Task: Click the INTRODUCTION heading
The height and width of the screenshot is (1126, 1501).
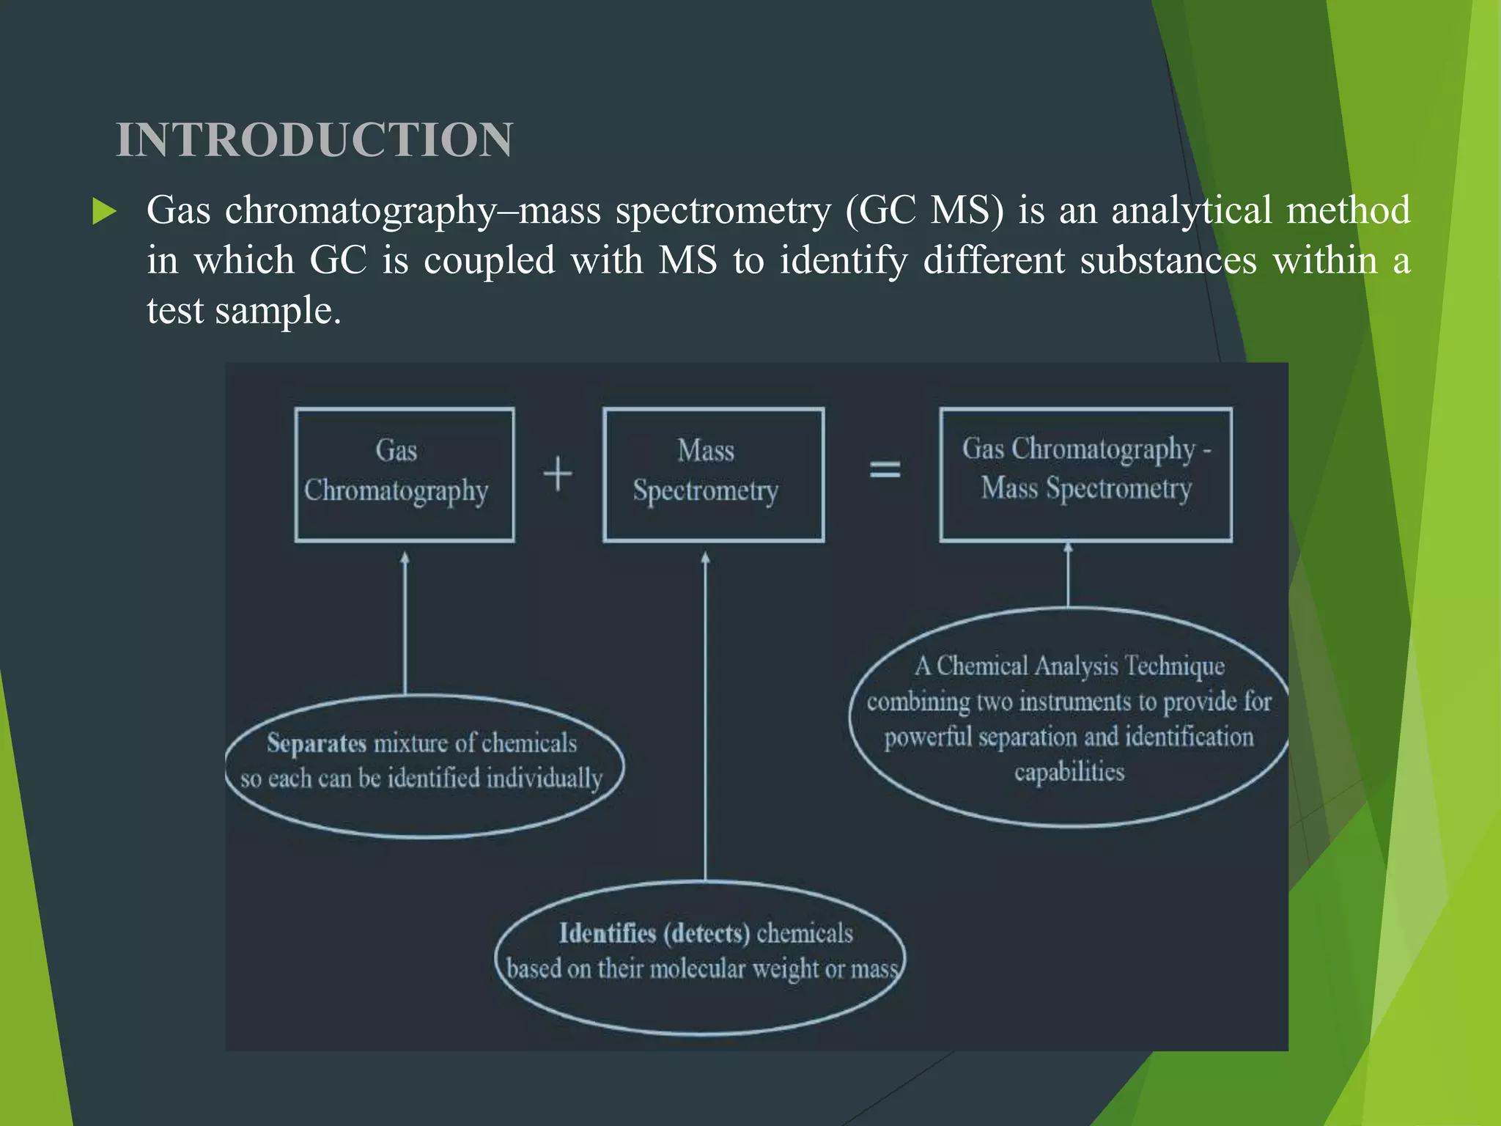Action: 314,139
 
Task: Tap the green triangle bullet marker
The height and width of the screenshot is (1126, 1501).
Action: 104,212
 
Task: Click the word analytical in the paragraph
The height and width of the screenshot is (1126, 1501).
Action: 1191,210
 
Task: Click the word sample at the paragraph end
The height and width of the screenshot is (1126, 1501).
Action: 278,311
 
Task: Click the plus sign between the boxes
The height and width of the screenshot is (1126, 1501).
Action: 558,474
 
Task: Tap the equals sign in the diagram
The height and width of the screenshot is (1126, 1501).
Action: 885,469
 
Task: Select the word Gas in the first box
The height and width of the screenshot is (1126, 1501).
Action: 397,450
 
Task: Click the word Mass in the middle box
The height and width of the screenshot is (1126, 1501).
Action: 706,450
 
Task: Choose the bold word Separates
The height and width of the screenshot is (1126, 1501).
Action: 317,743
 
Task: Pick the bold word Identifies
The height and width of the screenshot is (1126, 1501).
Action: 608,933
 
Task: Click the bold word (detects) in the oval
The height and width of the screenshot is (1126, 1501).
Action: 707,933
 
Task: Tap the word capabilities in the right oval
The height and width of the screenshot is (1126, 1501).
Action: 1069,772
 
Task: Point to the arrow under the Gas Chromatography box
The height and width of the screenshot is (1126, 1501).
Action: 405,623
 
